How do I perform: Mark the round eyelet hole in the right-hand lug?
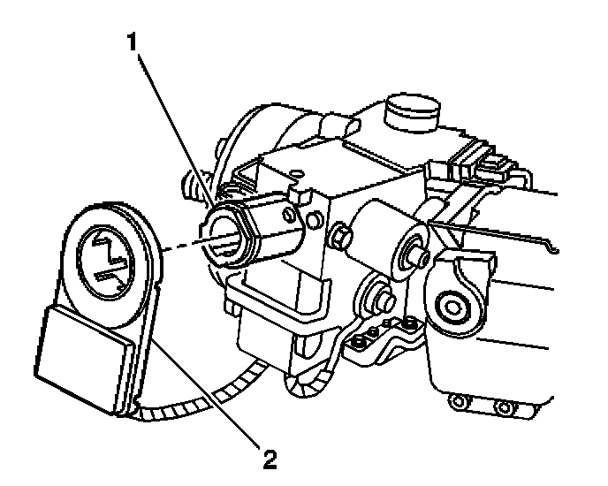458,307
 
